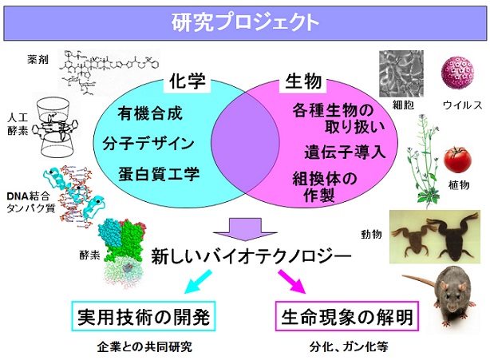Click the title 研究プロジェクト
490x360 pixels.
coord(245,22)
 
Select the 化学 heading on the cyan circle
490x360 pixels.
coord(188,81)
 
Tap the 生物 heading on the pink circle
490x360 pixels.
coord(303,81)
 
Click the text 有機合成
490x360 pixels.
coord(150,113)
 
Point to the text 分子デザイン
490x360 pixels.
coord(148,144)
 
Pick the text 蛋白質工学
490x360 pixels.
coord(159,174)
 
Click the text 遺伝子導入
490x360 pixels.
coord(345,152)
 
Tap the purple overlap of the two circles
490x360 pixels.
coord(245,143)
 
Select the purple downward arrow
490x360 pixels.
coord(245,230)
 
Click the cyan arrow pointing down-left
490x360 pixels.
coord(198,282)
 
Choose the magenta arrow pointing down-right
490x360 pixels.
coord(292,282)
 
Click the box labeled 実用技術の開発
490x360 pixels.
coord(144,316)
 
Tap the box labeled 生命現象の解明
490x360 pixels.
coord(347,316)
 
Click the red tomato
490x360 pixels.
coord(457,160)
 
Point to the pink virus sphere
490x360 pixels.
coord(457,73)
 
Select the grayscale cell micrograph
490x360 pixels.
coord(401,73)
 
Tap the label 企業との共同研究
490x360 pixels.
coord(144,347)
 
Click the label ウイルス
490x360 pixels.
coord(463,105)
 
